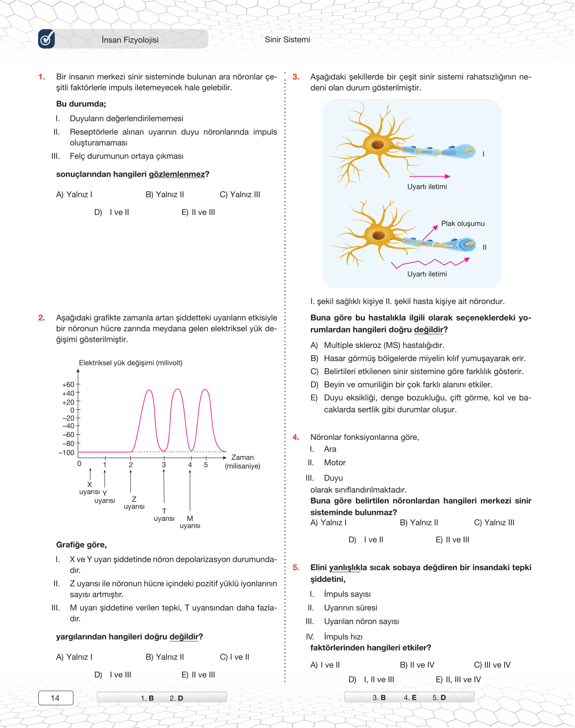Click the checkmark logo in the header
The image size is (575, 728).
46,39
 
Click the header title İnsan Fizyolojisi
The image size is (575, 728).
130,40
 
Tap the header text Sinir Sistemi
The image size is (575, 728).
287,40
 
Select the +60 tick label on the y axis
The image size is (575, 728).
68,385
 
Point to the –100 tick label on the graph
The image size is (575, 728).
66,453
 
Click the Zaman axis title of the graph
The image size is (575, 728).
243,458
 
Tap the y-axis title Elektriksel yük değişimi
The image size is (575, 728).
130,363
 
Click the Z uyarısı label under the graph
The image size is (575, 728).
134,503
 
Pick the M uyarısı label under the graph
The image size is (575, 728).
190,522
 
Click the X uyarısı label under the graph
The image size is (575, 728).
89,488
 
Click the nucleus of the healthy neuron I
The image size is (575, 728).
377,145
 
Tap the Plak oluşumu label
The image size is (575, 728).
463,224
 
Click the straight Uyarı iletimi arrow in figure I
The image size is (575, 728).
429,176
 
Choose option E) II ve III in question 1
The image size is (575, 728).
198,212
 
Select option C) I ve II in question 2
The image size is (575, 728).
235,657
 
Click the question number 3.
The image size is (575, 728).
296,77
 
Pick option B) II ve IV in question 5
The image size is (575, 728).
417,665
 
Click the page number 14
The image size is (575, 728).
55,698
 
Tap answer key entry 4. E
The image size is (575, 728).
410,697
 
